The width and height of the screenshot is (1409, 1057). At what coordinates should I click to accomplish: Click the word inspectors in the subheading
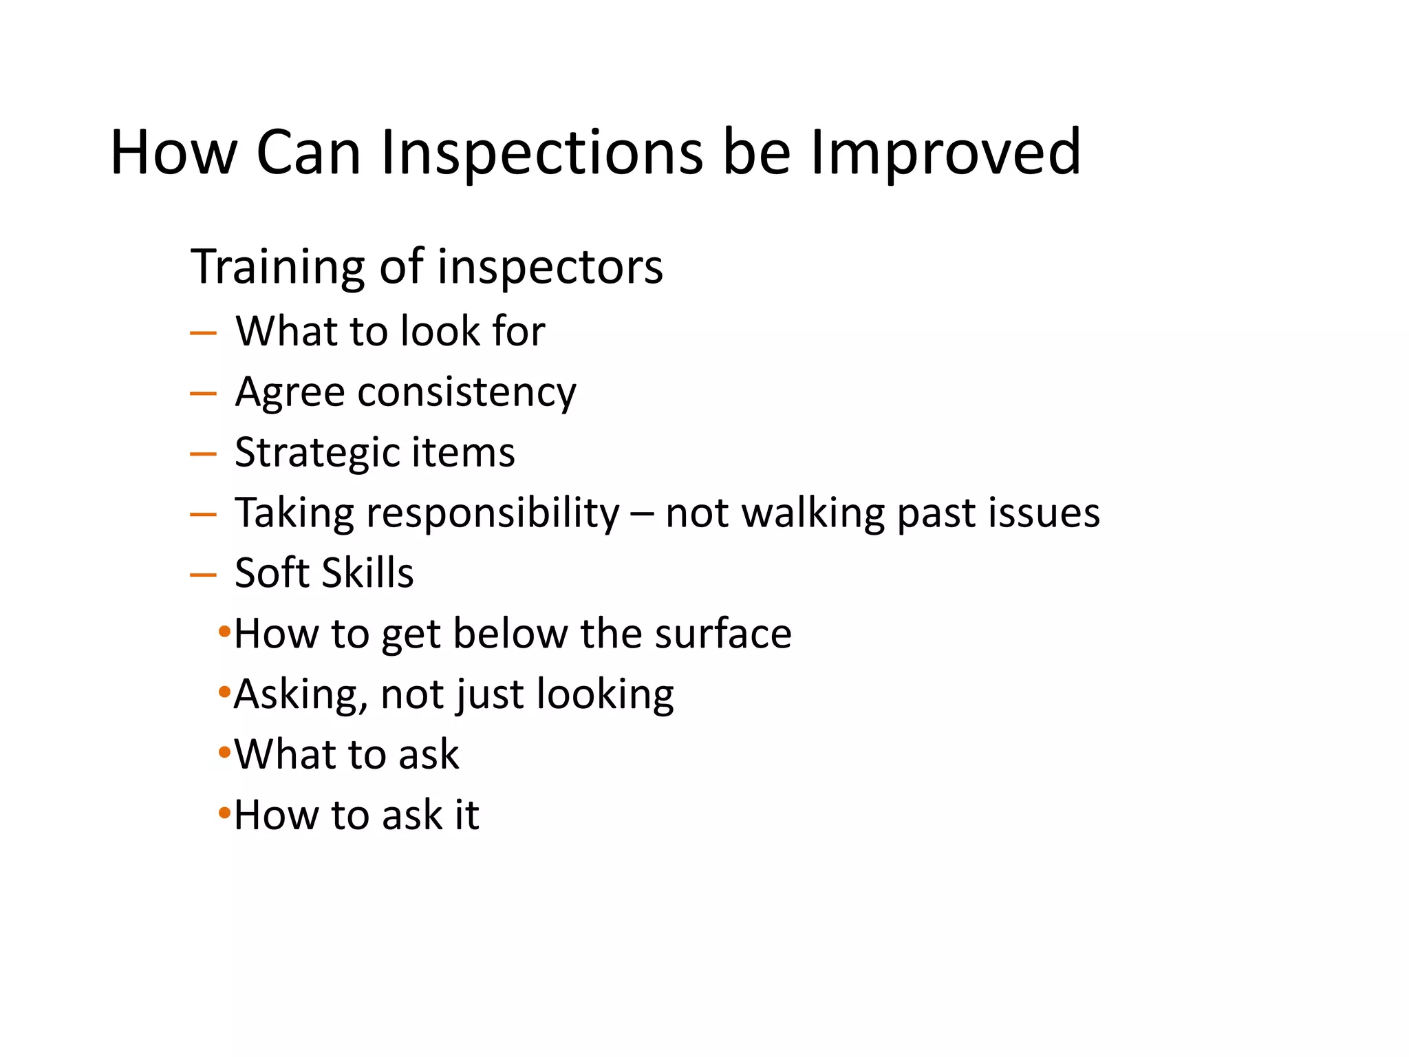550,267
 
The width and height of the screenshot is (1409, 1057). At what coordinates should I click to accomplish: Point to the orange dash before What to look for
203,333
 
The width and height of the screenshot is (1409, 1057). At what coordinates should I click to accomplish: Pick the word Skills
367,573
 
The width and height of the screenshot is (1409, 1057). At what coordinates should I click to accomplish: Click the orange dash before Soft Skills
203,575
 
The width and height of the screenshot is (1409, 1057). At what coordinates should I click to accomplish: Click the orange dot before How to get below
224,631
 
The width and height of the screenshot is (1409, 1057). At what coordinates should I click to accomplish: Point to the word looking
605,694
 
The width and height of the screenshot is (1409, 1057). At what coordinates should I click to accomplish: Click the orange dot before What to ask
224,752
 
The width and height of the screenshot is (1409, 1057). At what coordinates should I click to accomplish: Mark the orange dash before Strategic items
203,454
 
